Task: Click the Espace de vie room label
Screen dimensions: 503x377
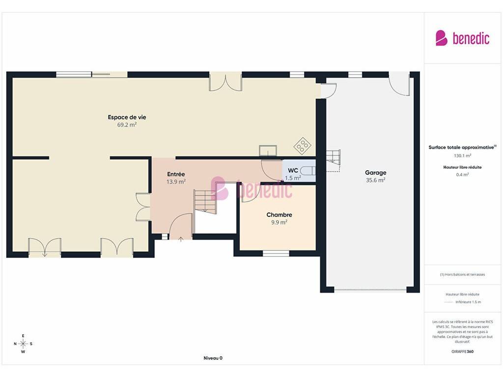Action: [127, 117]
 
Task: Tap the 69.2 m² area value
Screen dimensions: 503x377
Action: [127, 125]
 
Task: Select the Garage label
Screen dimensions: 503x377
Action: [376, 173]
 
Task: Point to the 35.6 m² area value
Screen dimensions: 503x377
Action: [376, 180]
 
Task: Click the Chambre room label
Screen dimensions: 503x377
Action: [279, 215]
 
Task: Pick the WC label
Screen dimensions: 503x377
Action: [293, 170]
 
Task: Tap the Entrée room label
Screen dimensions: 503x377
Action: [176, 174]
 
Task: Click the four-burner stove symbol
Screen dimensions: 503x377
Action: [302, 146]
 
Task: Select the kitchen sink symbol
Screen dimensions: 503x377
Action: [268, 150]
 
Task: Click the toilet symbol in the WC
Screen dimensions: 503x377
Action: [308, 171]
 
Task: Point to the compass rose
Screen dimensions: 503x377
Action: [23, 344]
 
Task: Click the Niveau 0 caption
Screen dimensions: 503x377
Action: [213, 358]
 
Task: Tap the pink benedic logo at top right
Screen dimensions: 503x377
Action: [462, 38]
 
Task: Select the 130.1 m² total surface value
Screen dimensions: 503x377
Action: [462, 156]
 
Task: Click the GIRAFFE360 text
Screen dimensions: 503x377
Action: [462, 351]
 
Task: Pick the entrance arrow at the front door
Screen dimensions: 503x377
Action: [181, 239]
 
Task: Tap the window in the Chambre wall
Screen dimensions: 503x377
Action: [276, 254]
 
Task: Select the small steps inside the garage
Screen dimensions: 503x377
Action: [334, 158]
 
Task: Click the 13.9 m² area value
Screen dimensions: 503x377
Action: [176, 182]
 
